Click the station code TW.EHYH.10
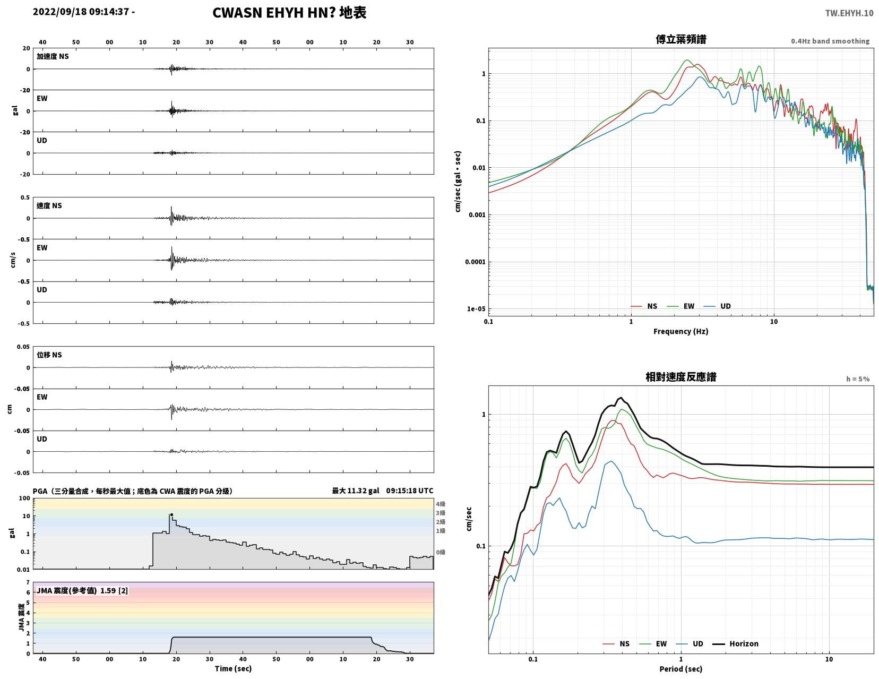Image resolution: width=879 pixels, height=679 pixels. (849, 13)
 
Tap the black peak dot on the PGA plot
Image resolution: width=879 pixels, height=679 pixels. (171, 515)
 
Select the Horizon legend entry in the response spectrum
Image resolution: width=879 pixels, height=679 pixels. (735, 643)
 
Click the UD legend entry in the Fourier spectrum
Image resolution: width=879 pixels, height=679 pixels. (717, 306)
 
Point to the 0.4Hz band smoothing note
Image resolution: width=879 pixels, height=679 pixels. (830, 41)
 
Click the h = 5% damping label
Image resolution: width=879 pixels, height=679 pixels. (858, 379)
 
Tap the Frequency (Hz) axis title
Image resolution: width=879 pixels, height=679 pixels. (681, 331)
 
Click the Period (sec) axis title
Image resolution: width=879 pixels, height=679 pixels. (681, 669)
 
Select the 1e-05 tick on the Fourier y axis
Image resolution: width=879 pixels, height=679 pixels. (476, 309)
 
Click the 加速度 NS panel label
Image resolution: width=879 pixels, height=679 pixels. (53, 56)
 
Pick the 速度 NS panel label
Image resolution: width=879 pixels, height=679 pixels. (49, 205)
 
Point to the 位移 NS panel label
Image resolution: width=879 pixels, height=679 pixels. (49, 355)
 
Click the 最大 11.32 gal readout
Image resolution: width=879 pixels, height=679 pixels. (356, 491)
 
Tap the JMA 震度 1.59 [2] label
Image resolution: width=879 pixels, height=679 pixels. (82, 590)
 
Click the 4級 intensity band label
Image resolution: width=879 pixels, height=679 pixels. (441, 504)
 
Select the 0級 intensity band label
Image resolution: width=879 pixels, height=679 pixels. (441, 552)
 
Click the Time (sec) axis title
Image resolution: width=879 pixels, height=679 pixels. (233, 668)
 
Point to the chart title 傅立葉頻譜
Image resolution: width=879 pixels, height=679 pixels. (681, 39)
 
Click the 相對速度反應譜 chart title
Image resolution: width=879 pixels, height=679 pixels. (681, 377)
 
